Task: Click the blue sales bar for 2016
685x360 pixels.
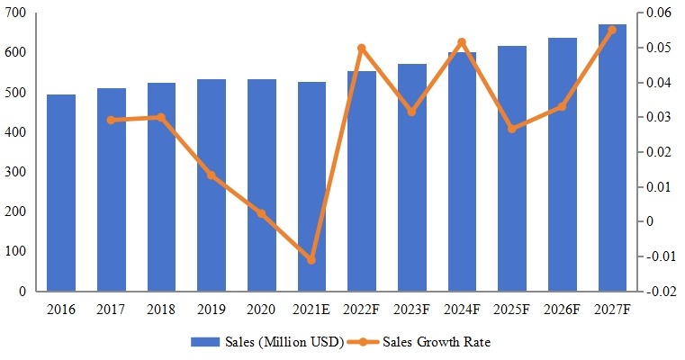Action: (x=61, y=193)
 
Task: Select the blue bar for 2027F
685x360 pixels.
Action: (x=612, y=157)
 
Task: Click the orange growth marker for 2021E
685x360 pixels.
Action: (x=311, y=259)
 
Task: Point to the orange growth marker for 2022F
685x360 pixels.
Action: (x=362, y=48)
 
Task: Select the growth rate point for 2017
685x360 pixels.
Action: (x=112, y=120)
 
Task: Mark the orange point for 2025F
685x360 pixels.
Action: (x=512, y=129)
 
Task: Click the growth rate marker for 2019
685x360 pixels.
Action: (x=212, y=175)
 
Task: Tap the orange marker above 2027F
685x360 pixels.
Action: (x=612, y=30)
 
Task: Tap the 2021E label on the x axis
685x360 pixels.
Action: (x=311, y=310)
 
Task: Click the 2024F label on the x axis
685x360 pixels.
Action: (x=462, y=310)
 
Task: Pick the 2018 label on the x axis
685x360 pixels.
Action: (x=162, y=310)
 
